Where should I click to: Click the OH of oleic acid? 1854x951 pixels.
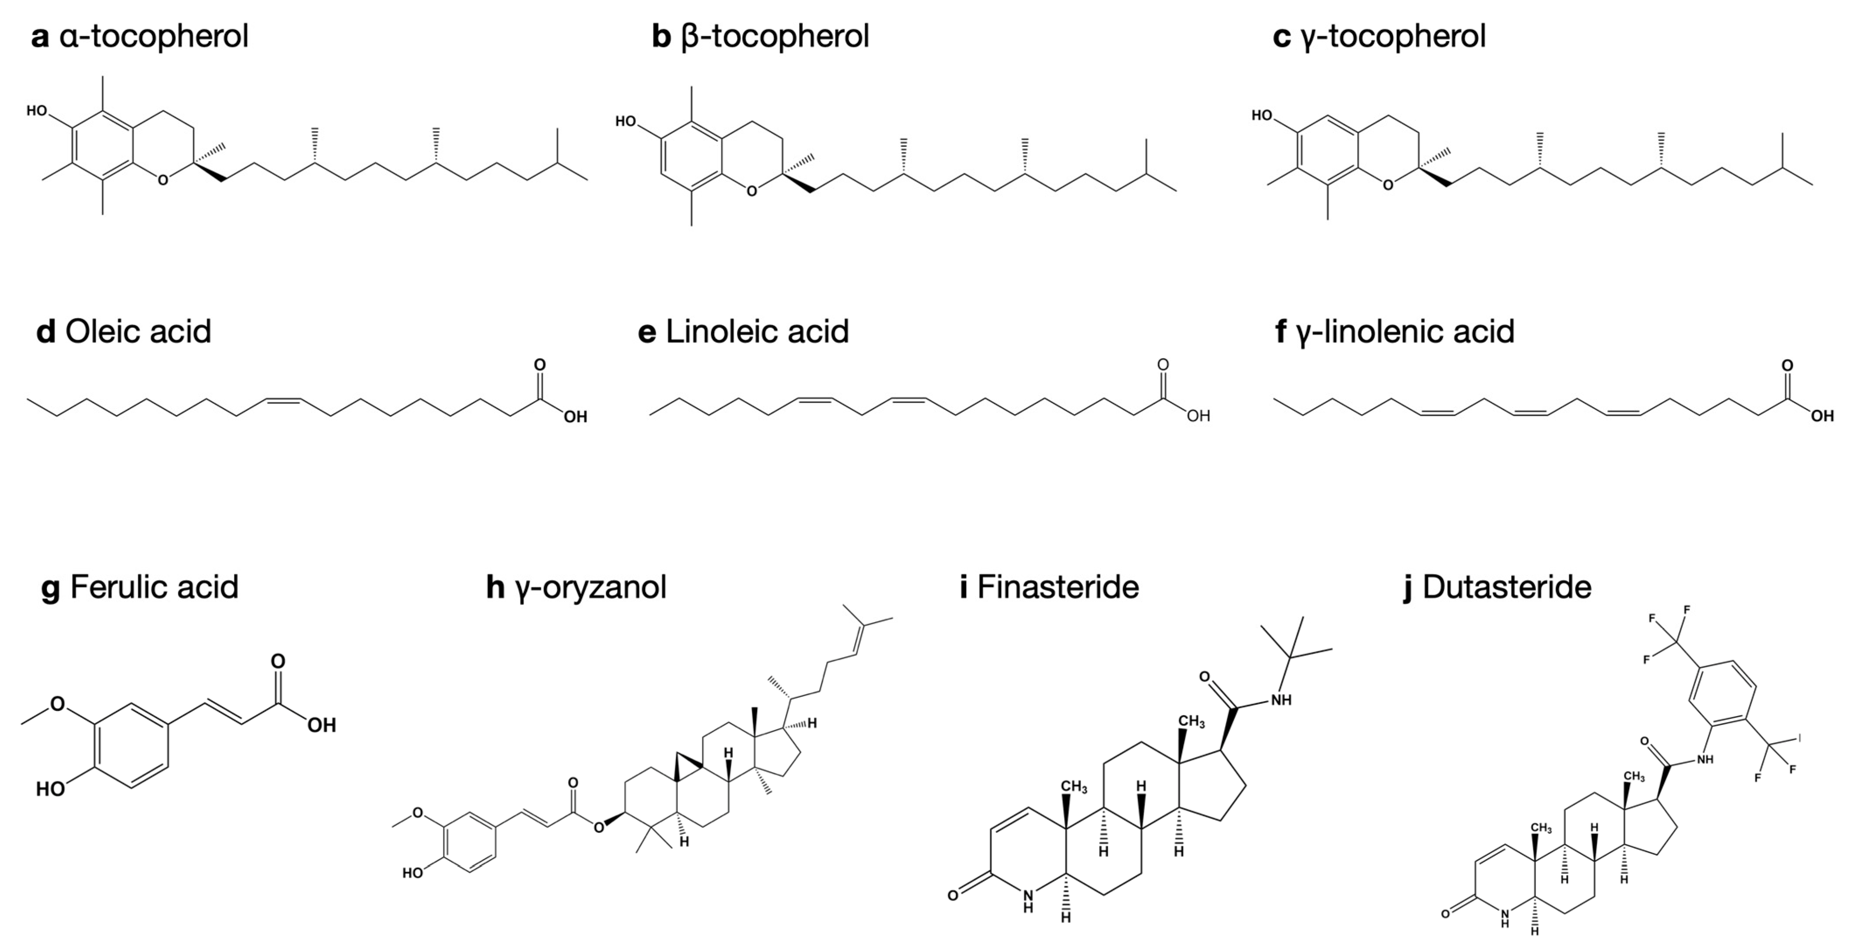(575, 417)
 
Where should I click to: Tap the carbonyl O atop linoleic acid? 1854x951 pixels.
(1163, 365)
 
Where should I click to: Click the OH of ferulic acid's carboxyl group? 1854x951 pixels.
(322, 725)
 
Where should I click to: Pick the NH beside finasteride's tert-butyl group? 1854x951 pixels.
(1281, 699)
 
